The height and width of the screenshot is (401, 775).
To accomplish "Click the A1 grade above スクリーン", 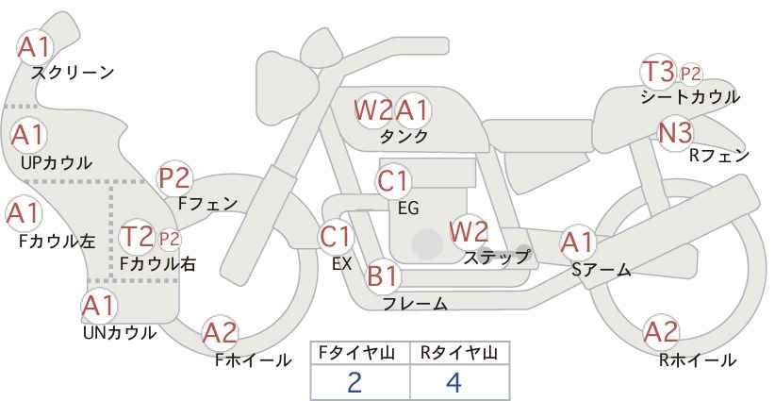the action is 35,47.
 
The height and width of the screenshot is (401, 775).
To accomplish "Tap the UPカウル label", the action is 57,162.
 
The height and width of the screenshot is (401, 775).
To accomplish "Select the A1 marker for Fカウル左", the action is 24,213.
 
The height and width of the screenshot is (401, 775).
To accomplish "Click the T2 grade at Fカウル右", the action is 138,236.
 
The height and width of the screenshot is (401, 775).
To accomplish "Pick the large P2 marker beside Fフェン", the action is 174,178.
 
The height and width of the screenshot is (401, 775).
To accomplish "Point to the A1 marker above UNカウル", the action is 99,306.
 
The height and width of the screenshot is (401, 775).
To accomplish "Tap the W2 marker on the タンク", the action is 374,109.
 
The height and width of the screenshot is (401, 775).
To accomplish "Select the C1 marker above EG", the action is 393,181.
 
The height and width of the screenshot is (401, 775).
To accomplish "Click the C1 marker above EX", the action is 336,237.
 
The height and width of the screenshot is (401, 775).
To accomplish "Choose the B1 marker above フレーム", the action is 384,276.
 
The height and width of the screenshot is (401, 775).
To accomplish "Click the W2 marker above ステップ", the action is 469,231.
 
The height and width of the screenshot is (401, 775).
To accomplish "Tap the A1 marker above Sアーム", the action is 578,242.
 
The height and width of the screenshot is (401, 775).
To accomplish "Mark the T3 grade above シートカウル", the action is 658,71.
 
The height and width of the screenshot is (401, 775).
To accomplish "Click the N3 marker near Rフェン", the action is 676,133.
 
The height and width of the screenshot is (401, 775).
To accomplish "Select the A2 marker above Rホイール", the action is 661,332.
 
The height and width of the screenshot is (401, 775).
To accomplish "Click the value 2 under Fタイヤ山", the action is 355,383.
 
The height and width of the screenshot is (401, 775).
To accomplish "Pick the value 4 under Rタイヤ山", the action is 453,383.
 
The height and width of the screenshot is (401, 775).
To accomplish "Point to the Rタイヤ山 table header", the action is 459,353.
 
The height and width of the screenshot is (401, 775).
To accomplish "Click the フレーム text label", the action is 415,303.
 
